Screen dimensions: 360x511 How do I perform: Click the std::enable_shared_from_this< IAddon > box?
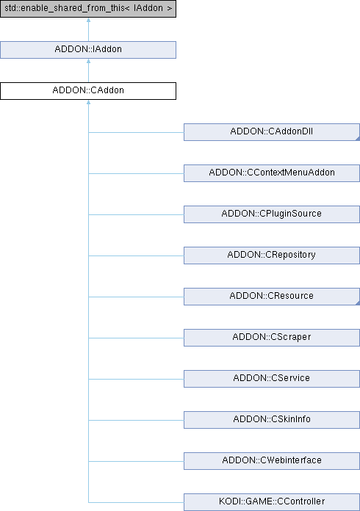[88, 9]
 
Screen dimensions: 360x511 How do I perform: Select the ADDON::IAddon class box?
[88, 50]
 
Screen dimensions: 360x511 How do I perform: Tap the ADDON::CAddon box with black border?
[88, 91]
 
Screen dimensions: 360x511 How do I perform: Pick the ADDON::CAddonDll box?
[272, 132]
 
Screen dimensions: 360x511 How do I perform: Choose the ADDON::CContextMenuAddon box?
[272, 173]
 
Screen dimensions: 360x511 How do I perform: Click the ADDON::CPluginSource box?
[272, 214]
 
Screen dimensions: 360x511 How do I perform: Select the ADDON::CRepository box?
[272, 255]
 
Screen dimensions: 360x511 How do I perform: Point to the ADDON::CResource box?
[272, 296]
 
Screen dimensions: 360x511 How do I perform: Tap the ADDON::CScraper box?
[272, 337]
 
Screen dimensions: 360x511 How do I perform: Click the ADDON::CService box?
[272, 378]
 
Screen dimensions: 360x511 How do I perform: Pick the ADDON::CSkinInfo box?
[272, 419]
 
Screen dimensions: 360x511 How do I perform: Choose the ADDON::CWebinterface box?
[272, 460]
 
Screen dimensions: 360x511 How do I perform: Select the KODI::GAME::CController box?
[272, 502]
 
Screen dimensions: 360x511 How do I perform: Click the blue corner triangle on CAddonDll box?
[358, 139]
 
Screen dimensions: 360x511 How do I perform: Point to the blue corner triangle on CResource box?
[358, 303]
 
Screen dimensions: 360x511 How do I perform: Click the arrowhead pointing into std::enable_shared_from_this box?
[88, 21]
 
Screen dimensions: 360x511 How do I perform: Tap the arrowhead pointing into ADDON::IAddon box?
[88, 61]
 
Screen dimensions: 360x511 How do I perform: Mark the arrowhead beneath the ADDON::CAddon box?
[88, 102]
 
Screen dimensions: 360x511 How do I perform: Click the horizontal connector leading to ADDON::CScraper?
[136, 338]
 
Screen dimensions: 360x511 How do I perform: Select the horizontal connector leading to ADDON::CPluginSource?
[136, 215]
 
